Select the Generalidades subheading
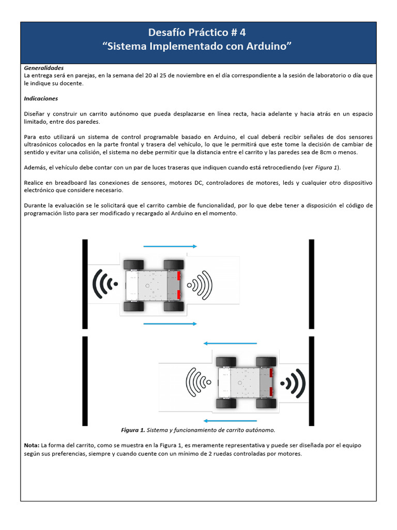click(44, 68)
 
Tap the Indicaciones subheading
click(41, 98)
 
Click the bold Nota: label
click(32, 445)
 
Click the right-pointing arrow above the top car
click(170, 246)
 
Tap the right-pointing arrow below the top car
click(170, 324)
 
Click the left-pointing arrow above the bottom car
click(230, 343)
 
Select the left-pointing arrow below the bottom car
click(230, 421)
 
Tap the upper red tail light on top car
click(179, 276)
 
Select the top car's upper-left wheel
click(133, 264)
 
